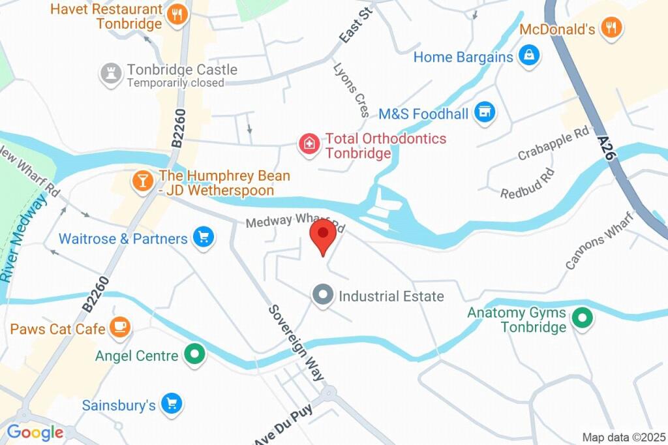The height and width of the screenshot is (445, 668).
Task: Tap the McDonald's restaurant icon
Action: click(611, 28)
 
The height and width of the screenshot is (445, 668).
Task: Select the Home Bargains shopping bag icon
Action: click(528, 56)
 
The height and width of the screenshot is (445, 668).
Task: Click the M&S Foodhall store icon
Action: click(484, 112)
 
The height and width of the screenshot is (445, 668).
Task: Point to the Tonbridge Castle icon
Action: click(111, 74)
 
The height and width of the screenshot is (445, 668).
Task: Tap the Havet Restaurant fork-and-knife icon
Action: click(176, 15)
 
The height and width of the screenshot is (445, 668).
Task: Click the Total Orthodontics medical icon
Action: click(309, 144)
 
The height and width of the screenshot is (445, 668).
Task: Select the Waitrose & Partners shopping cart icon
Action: click(204, 238)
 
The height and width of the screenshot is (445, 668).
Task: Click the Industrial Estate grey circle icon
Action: click(322, 295)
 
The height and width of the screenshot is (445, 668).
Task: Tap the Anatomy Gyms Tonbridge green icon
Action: click(581, 319)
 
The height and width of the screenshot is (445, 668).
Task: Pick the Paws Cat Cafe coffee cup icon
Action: click(119, 328)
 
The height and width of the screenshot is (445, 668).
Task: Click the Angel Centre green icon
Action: click(194, 356)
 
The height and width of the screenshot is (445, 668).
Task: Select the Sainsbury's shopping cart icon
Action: click(172, 405)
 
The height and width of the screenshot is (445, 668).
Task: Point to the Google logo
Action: click(35, 432)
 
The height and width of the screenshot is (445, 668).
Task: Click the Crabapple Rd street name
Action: click(553, 145)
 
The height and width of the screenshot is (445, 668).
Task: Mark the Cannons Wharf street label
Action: click(600, 240)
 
